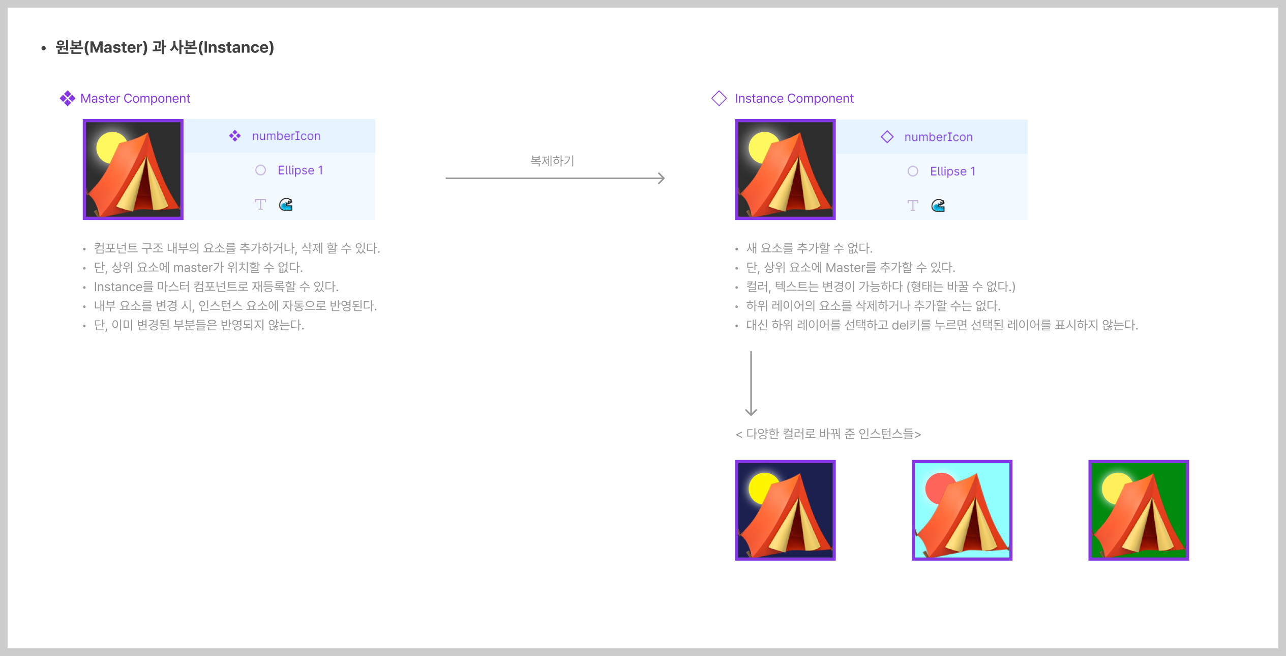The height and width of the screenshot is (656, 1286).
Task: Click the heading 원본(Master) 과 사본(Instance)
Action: click(164, 47)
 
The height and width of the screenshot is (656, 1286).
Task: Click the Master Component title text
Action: click(135, 98)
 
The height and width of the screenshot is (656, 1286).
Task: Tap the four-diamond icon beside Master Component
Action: click(67, 98)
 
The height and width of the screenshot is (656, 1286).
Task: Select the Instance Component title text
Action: click(794, 98)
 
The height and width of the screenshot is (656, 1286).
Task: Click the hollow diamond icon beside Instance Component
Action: click(719, 98)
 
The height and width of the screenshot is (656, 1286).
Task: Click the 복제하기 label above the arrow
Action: click(552, 161)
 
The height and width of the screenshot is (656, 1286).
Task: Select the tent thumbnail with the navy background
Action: click(785, 510)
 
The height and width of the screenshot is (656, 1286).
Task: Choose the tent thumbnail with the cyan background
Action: click(962, 510)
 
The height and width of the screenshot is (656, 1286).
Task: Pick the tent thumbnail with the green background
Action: click(1138, 510)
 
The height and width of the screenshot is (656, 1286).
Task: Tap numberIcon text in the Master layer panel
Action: click(286, 136)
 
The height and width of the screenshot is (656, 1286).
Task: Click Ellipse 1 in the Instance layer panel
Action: click(952, 172)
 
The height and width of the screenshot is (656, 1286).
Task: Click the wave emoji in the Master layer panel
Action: click(286, 205)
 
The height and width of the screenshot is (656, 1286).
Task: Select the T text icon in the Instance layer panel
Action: click(913, 206)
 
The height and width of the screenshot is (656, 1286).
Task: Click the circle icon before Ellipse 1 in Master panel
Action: click(260, 170)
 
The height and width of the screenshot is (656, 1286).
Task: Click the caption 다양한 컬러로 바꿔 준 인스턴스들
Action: click(828, 434)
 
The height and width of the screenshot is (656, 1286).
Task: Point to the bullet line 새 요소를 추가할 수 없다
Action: click(809, 248)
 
